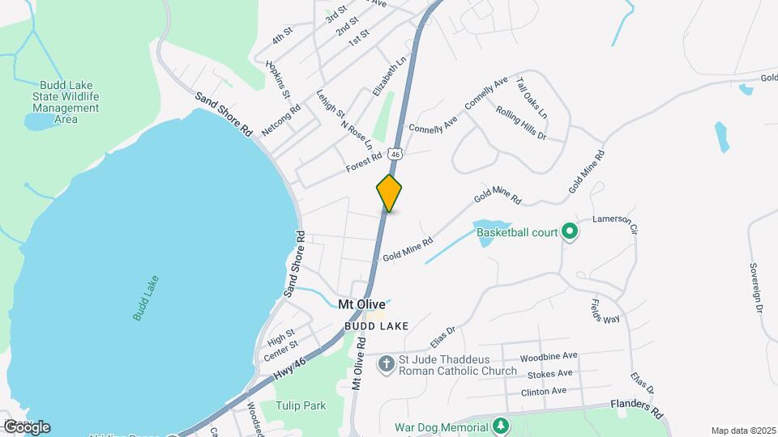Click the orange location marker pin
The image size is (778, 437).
(x=390, y=193)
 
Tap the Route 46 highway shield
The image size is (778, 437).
(x=395, y=152)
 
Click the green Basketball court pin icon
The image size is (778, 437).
(x=570, y=232)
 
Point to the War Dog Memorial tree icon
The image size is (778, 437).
(x=502, y=426)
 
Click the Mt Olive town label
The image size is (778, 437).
(x=361, y=304)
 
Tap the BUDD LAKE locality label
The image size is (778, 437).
(x=375, y=325)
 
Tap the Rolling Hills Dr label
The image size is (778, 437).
(x=522, y=124)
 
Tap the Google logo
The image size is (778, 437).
(x=27, y=426)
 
